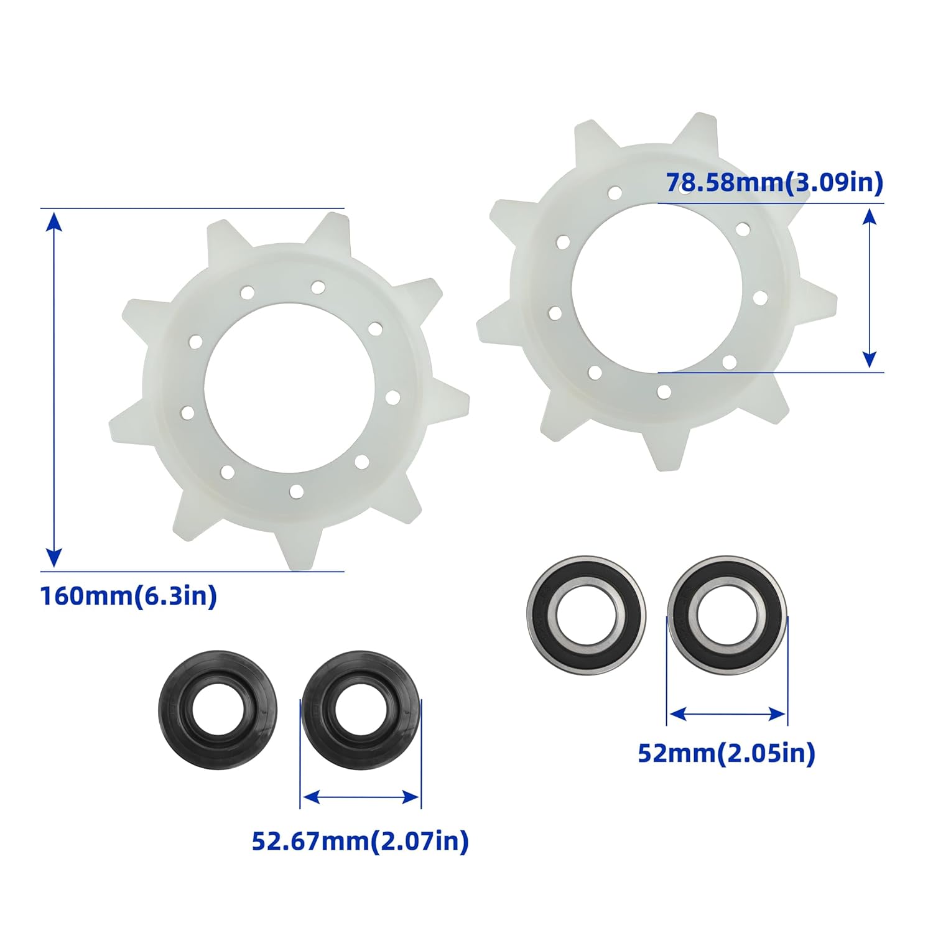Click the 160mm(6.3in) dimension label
(x=129, y=596)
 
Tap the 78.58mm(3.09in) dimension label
(x=774, y=183)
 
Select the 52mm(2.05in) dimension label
(x=726, y=753)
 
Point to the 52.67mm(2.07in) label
(x=360, y=841)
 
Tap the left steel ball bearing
(x=585, y=615)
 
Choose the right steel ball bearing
(x=726, y=615)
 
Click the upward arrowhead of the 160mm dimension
(x=55, y=221)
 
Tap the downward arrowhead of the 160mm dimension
(x=55, y=558)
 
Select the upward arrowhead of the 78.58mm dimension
(x=870, y=216)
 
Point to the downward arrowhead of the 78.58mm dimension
(x=870, y=360)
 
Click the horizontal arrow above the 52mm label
(x=726, y=714)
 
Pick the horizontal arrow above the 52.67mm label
(x=361, y=797)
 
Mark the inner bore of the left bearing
(x=585, y=615)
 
